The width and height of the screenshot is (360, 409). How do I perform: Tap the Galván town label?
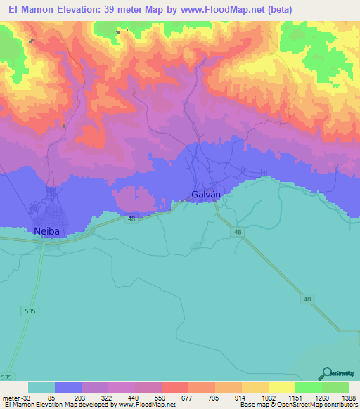point(207,194)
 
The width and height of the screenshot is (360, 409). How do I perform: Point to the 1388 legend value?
point(340,397)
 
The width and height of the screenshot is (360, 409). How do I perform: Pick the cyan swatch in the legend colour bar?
point(41,387)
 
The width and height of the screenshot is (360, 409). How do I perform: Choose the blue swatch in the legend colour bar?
point(68,387)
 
